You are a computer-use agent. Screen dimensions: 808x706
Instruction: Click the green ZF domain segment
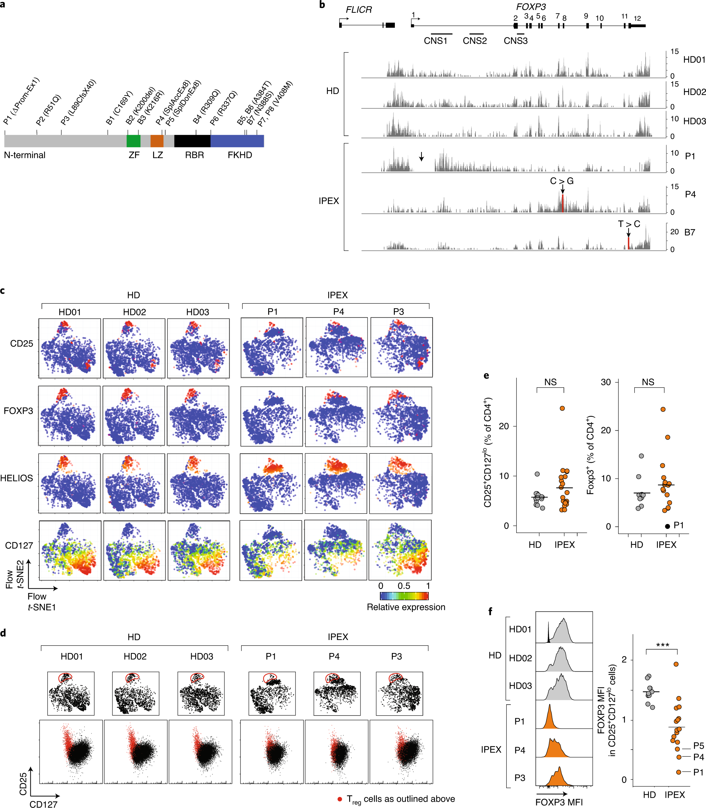pyautogui.click(x=133, y=141)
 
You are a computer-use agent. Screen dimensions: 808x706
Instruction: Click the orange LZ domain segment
pyautogui.click(x=157, y=141)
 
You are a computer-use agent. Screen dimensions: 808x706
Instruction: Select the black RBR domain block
pyautogui.click(x=192, y=141)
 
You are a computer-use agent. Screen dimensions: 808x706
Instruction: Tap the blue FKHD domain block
pyautogui.click(x=237, y=141)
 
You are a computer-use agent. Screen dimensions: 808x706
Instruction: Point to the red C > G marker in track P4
pyautogui.click(x=563, y=203)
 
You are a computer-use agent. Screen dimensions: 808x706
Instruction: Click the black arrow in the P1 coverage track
pyautogui.click(x=422, y=157)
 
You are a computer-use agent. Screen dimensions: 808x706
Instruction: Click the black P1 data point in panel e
pyautogui.click(x=667, y=526)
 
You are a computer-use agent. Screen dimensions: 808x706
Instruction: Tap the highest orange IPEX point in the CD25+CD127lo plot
pyautogui.click(x=562, y=408)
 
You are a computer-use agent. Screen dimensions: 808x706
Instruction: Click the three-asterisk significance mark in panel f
pyautogui.click(x=663, y=645)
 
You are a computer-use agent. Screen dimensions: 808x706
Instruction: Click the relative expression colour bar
pyautogui.click(x=404, y=596)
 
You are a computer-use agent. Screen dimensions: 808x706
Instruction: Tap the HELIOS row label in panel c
pyautogui.click(x=17, y=478)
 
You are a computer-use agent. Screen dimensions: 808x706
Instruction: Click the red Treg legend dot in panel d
pyautogui.click(x=339, y=799)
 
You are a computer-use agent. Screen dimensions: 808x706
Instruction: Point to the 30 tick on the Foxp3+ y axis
pyautogui.click(x=606, y=382)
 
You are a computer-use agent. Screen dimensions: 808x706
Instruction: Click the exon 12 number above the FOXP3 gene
pyautogui.click(x=637, y=19)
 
